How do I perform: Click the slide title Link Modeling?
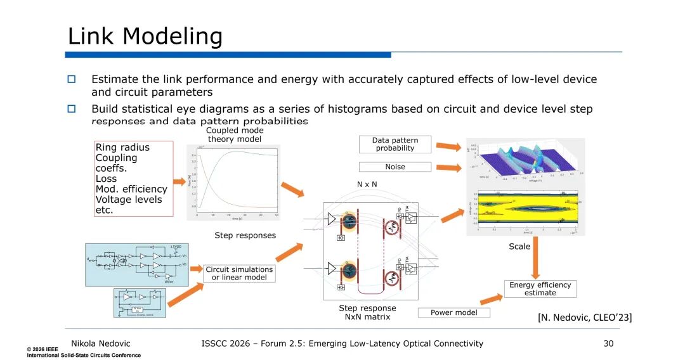[145, 36]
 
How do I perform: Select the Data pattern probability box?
[395, 144]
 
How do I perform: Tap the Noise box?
[395, 167]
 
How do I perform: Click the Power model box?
[454, 312]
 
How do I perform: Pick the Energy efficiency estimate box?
[540, 288]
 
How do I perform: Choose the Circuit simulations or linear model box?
[239, 273]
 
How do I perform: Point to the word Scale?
[519, 247]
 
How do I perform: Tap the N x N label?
[367, 184]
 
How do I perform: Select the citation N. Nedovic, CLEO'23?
[585, 317]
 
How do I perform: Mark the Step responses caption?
[245, 235]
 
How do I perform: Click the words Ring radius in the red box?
[122, 148]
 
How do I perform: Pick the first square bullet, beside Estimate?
[72, 79]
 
